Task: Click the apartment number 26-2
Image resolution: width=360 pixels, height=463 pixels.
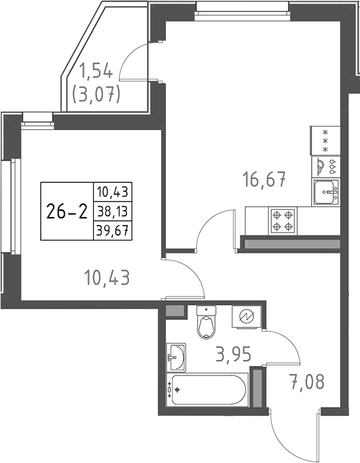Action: point(66,211)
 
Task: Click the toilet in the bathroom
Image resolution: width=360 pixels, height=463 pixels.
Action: point(205,324)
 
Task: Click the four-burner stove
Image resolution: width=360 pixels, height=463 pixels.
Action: point(283,220)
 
